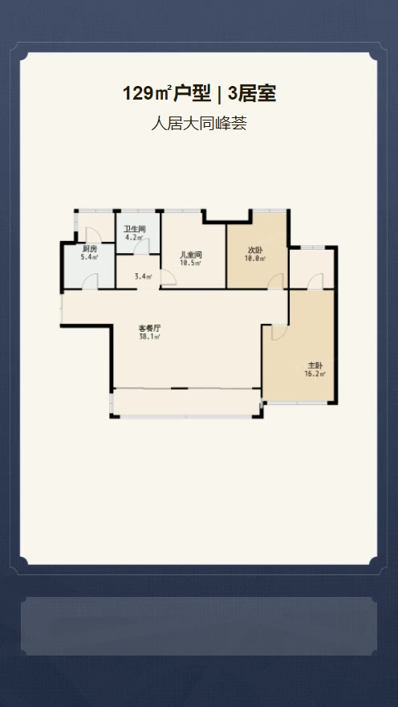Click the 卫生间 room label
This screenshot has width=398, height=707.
(135, 229)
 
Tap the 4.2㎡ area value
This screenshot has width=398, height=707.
(134, 237)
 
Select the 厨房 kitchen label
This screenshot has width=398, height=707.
(90, 249)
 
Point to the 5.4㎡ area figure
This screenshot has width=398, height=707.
(90, 257)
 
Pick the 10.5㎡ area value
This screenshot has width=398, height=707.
(191, 263)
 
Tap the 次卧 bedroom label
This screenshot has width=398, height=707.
(255, 250)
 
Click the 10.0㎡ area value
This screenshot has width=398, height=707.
(255, 259)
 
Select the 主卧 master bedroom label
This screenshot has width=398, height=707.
(315, 366)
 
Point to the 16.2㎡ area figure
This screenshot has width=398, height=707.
(315, 374)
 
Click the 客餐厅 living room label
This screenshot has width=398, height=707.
(150, 329)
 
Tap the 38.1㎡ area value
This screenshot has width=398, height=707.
(150, 337)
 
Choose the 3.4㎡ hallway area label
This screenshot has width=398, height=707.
(143, 276)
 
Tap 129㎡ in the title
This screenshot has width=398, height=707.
(147, 94)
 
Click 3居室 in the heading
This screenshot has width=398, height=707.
(252, 94)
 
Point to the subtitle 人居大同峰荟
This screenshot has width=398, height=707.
(199, 124)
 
